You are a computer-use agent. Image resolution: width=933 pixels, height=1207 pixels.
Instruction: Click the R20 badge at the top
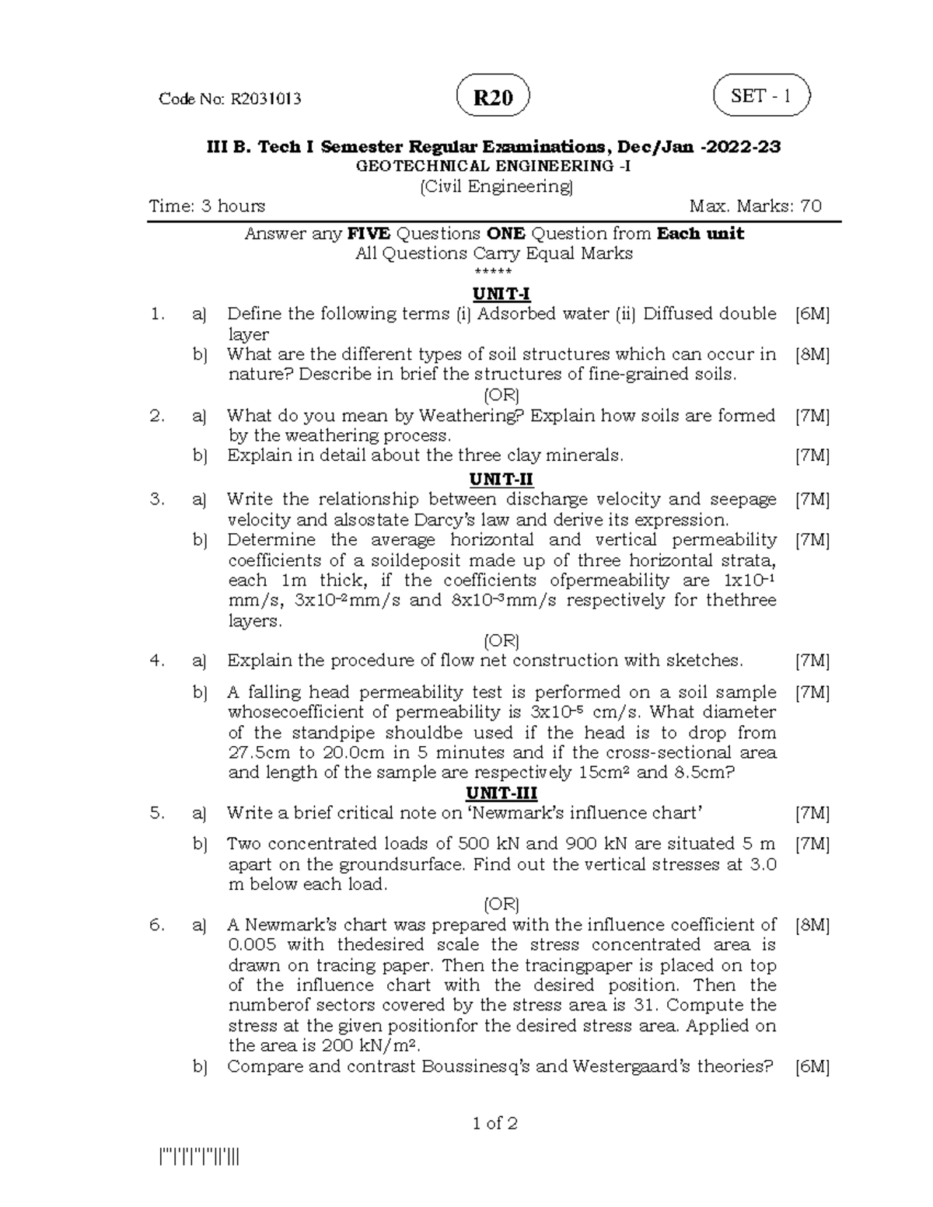point(494,98)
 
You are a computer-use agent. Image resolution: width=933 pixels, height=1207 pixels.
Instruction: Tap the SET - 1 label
point(761,96)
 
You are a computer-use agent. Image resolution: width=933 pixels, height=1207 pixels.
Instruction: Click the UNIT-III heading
point(501,793)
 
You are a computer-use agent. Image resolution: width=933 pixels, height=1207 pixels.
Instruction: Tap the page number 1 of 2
point(494,1123)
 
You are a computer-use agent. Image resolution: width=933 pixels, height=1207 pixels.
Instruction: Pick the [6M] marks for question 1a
point(812,314)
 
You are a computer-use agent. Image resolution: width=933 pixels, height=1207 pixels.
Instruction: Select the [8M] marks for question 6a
point(812,925)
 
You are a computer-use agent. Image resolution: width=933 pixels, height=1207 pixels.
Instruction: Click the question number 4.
point(158,661)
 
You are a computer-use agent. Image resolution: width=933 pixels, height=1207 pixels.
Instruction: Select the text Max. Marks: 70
point(755,206)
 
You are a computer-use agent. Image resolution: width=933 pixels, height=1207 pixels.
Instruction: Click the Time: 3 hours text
point(207,206)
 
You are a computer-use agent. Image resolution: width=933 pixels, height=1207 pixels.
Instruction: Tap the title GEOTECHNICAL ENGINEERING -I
point(494,166)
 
